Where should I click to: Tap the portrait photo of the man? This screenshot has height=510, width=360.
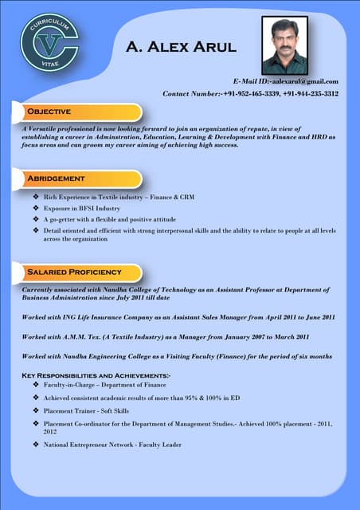(x=284, y=45)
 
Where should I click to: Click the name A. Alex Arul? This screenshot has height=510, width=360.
(x=181, y=47)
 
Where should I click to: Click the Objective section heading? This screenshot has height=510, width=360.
(x=49, y=111)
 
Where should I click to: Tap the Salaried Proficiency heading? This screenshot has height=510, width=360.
(x=74, y=272)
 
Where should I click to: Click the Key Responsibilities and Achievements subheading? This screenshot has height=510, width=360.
(x=96, y=375)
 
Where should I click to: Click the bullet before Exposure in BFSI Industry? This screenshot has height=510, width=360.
(x=35, y=208)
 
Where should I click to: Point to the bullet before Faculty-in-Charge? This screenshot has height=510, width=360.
(x=35, y=385)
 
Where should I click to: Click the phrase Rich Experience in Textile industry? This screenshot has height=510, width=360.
(x=92, y=196)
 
